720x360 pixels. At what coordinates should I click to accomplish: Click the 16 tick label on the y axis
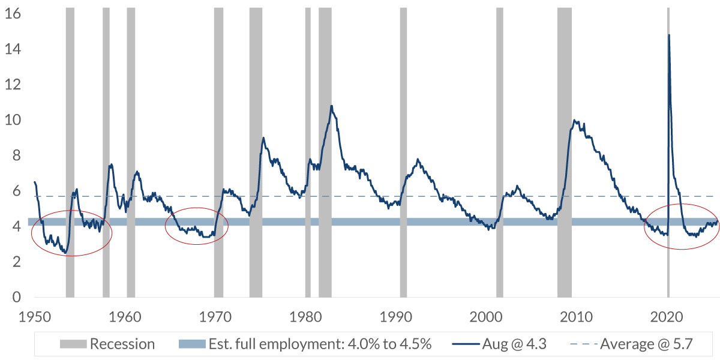[x=13, y=14]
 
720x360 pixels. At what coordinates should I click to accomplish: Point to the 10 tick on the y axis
[x=13, y=120]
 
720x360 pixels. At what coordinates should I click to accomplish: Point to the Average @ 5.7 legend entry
[x=642, y=344]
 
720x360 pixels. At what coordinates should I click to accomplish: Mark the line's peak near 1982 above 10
[x=331, y=106]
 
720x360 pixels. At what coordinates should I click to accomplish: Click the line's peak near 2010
[x=574, y=121]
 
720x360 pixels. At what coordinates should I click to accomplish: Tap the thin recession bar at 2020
[x=668, y=180]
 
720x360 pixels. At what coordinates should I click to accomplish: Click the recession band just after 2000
[x=500, y=150]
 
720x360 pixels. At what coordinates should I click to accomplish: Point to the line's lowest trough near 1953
[x=65, y=253]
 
